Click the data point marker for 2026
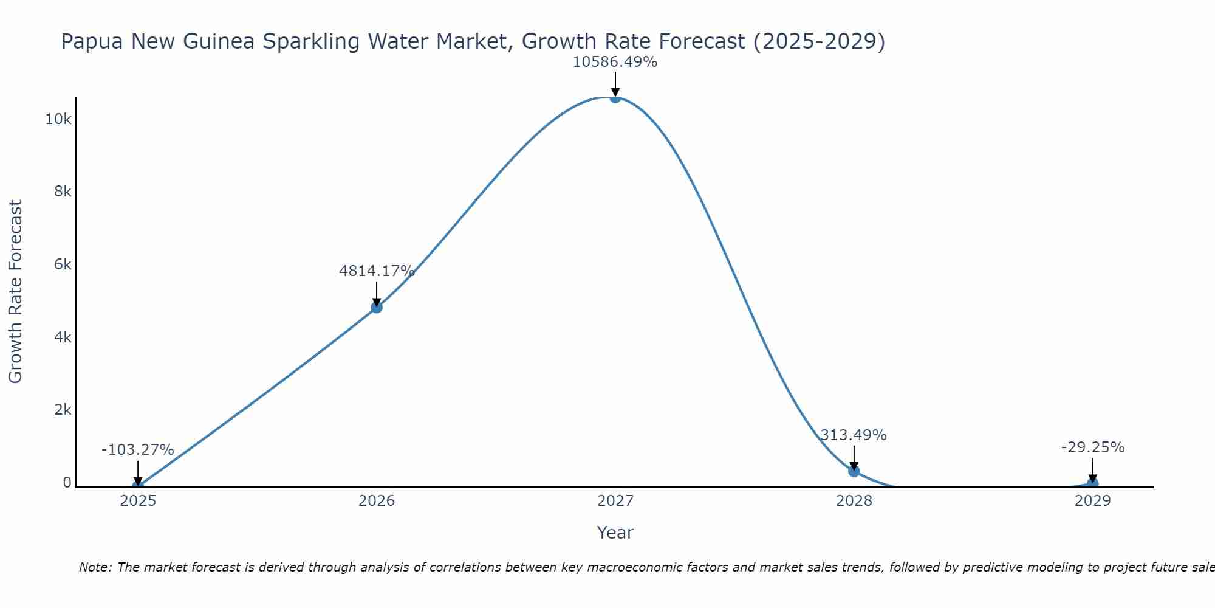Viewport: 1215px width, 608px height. coord(377,307)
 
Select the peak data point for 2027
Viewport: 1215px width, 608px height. coord(615,97)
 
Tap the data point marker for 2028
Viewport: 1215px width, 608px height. coord(854,471)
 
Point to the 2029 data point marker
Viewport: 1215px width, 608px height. coord(1092,484)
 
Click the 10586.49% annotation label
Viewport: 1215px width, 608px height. coord(615,62)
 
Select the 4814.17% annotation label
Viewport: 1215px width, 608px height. coord(377,271)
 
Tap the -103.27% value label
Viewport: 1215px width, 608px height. coord(138,450)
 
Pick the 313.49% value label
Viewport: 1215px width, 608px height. coord(854,435)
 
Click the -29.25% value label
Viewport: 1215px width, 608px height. coord(1093,447)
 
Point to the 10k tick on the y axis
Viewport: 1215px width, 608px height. coord(58,119)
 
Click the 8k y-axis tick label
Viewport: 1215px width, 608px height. coord(63,192)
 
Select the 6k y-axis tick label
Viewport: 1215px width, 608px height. coord(63,264)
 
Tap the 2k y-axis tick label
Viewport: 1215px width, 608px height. coord(63,410)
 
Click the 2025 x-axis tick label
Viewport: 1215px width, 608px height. coord(138,501)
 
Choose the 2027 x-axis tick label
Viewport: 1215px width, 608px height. coord(615,501)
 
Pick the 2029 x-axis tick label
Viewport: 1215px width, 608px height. coord(1092,501)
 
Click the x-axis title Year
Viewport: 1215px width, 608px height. coord(615,533)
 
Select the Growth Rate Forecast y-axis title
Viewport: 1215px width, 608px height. coord(15,292)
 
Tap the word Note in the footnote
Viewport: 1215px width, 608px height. coord(95,567)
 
